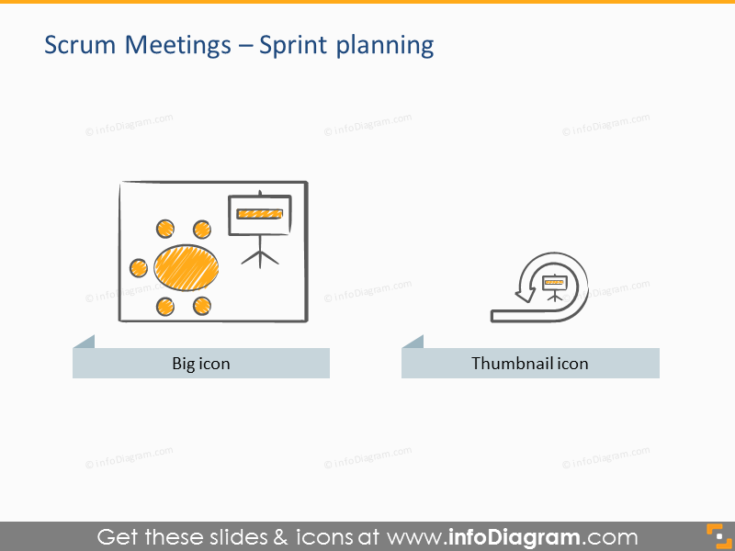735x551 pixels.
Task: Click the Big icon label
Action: click(x=201, y=364)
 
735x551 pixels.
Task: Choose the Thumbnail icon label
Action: click(x=530, y=364)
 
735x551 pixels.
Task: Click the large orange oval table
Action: click(x=187, y=267)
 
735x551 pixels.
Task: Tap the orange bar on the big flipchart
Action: click(x=259, y=214)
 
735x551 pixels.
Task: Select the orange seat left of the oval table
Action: click(x=138, y=267)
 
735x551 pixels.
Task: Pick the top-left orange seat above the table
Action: click(x=165, y=229)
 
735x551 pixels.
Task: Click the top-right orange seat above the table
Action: click(x=201, y=229)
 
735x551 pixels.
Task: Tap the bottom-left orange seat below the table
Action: click(x=165, y=306)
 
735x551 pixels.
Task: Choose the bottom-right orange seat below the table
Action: click(x=201, y=306)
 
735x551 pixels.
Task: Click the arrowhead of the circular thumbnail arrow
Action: click(x=524, y=294)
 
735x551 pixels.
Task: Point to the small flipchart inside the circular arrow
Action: click(x=554, y=285)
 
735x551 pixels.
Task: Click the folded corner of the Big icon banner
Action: click(x=85, y=342)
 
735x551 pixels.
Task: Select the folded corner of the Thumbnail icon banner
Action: click(x=413, y=342)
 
